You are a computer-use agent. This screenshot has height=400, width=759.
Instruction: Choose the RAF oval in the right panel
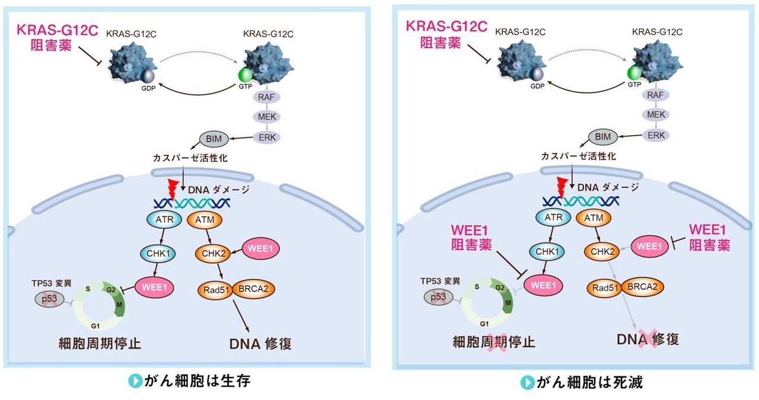(x=655, y=94)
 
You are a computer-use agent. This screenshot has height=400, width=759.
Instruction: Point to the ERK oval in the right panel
(x=655, y=135)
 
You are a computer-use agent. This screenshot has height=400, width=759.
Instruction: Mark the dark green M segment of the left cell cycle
(x=120, y=304)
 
